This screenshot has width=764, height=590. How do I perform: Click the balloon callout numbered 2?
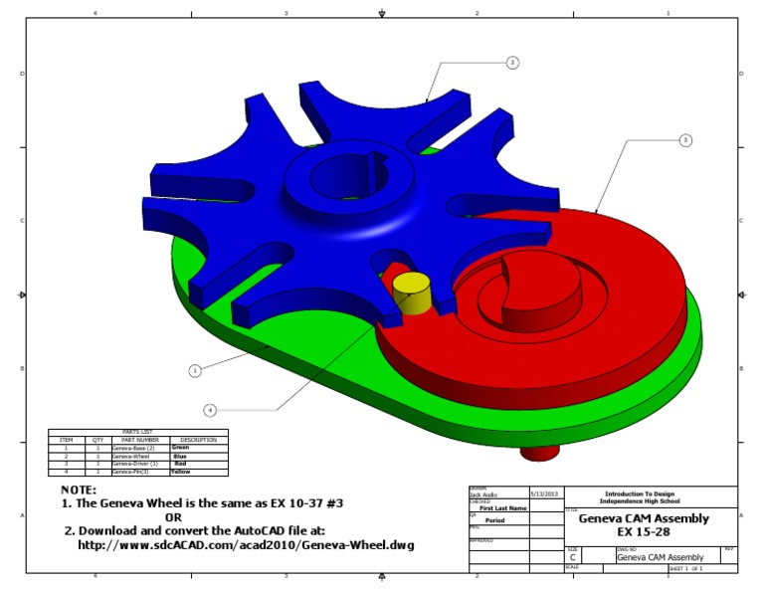(x=512, y=63)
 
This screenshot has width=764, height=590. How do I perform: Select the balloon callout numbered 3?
(x=685, y=140)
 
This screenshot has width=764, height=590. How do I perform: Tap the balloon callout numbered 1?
(x=195, y=370)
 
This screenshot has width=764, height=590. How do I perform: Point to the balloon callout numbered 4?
(x=210, y=409)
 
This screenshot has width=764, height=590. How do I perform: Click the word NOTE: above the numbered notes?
(x=79, y=491)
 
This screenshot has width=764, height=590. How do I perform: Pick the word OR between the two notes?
(x=173, y=517)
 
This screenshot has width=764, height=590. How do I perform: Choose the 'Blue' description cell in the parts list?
(x=180, y=456)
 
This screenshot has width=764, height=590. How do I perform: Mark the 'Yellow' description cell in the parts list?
(x=180, y=472)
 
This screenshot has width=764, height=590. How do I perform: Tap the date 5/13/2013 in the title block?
(x=545, y=493)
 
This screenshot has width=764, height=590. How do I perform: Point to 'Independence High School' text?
(x=651, y=500)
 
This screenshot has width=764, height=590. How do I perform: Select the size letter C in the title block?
(x=572, y=557)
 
